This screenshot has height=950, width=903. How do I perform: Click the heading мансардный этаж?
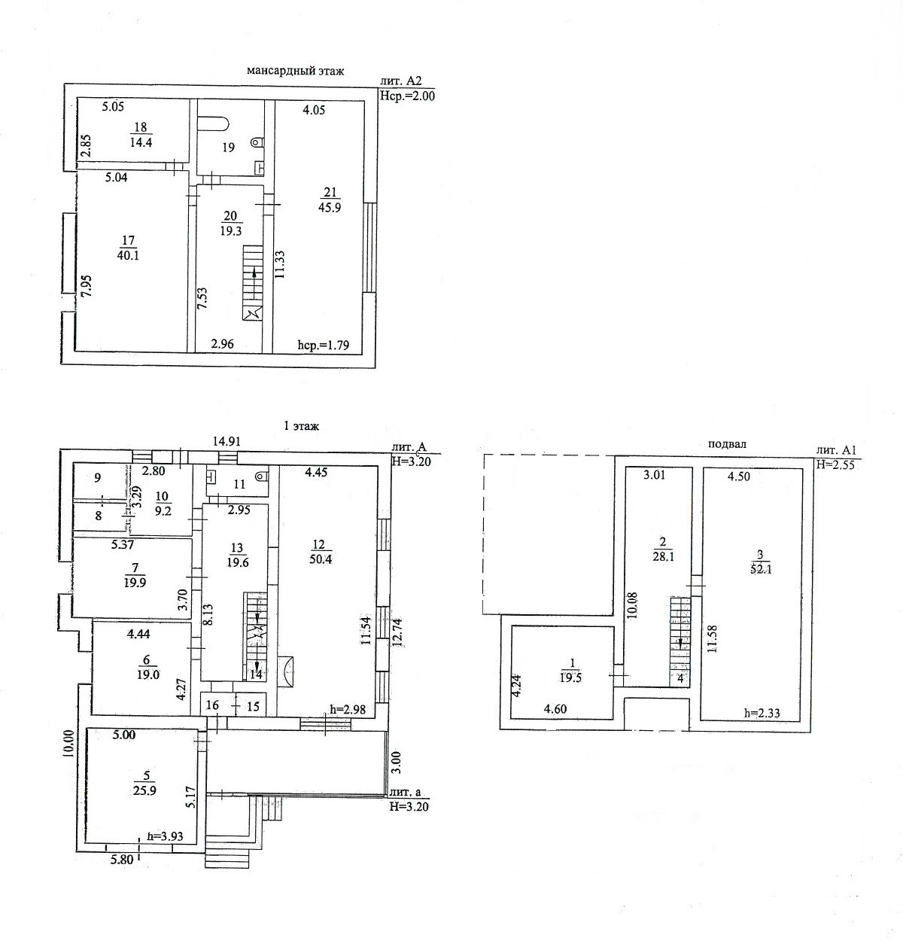point(295,71)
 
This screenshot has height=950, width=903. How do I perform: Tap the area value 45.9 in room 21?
point(330,208)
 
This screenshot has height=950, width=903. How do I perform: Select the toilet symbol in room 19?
point(258,141)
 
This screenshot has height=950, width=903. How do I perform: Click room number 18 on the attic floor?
point(140,127)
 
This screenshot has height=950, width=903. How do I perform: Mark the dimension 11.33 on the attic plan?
point(280,265)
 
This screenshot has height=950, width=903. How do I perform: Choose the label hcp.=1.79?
point(324,346)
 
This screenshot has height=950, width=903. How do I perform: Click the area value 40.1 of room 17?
point(128,255)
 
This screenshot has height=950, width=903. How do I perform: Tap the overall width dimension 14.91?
point(227,442)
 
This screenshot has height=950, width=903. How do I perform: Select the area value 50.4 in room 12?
point(321,559)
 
